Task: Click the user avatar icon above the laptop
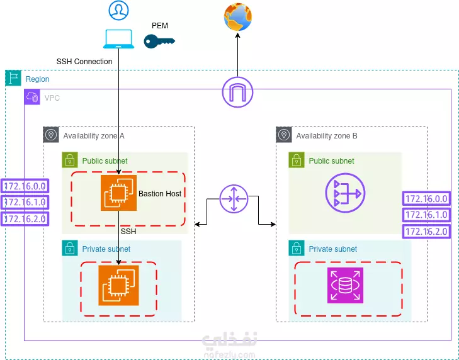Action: click(x=118, y=11)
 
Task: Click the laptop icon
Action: click(x=118, y=39)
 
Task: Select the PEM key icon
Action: click(x=159, y=42)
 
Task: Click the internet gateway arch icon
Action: click(x=237, y=93)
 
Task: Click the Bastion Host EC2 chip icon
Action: click(x=118, y=193)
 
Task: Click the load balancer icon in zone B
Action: click(x=344, y=193)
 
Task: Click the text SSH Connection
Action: click(x=84, y=62)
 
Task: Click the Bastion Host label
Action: click(x=160, y=194)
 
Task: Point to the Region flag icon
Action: click(x=13, y=79)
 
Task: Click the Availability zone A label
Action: click(x=94, y=135)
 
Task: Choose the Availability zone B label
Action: click(x=327, y=135)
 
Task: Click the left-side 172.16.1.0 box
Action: click(x=25, y=202)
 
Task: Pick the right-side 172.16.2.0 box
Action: click(x=427, y=232)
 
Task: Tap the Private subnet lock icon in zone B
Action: click(x=296, y=249)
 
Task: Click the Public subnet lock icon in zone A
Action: click(x=69, y=160)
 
